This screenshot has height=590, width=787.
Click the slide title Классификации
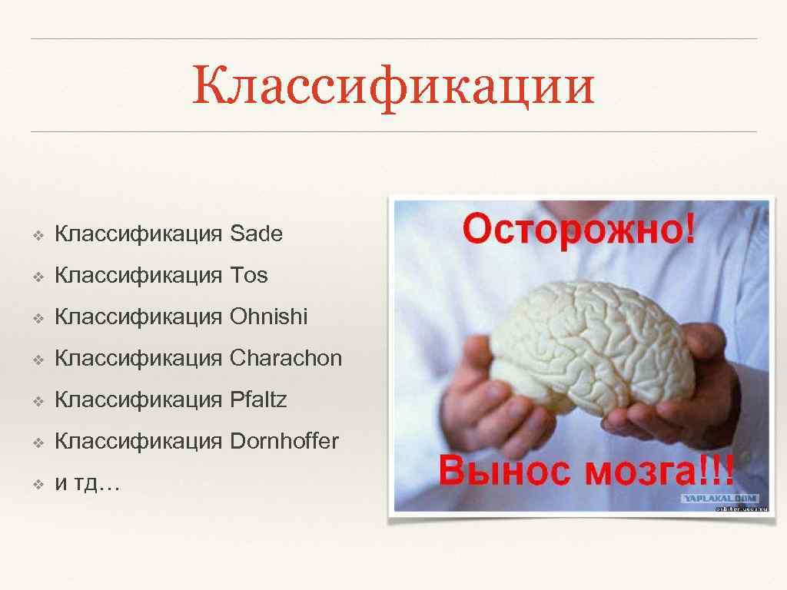click(393, 85)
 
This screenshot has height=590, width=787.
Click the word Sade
click(256, 234)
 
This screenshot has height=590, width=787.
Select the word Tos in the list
click(248, 276)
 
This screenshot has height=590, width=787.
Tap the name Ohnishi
click(268, 317)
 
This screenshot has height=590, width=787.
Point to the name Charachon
click(285, 359)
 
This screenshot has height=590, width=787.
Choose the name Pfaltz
click(258, 400)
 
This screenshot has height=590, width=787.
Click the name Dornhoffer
click(284, 442)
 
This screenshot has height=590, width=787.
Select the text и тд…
click(87, 484)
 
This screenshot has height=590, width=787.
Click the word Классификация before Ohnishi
click(138, 317)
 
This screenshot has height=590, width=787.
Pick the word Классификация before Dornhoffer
click(138, 442)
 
